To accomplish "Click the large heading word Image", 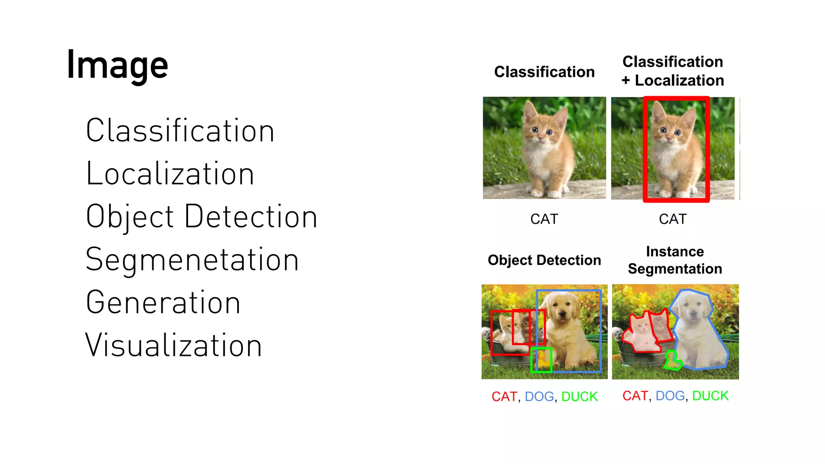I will coord(117,65).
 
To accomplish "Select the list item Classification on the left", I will coord(180,131).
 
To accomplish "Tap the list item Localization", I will coord(170,174).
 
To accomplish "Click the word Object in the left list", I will coord(130,217).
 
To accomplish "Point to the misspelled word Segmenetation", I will coord(192,260).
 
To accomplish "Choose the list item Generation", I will coord(163,302).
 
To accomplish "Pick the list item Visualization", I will coord(174,346).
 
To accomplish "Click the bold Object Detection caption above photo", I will coord(544,260).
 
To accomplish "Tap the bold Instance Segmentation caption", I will coord(675,260).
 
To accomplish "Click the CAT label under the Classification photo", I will coord(544,219).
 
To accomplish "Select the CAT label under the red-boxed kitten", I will coord(673,219).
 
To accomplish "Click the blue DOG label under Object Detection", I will coord(539,397).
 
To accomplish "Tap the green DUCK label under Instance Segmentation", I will coord(710,396).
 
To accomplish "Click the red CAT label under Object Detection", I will coord(504,397).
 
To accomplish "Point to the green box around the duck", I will coord(541,360).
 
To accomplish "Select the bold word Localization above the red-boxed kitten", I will coord(679,81).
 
